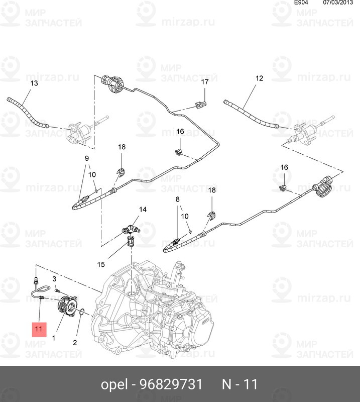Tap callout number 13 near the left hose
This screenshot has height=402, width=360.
pos(34,83)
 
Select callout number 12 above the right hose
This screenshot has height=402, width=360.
pos(259,78)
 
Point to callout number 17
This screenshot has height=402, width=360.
pos(205,81)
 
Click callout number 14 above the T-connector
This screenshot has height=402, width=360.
pos(143,210)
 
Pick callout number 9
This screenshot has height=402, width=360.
pos(86,158)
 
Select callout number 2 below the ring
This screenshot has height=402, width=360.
pos(75,343)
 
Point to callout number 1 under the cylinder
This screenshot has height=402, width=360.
pos(54,338)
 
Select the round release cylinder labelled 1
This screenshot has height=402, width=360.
pos(67,306)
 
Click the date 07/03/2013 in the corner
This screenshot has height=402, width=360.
pos(337,3)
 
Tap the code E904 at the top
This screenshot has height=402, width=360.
pos(301,3)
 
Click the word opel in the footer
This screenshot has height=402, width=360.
pos(112,385)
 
